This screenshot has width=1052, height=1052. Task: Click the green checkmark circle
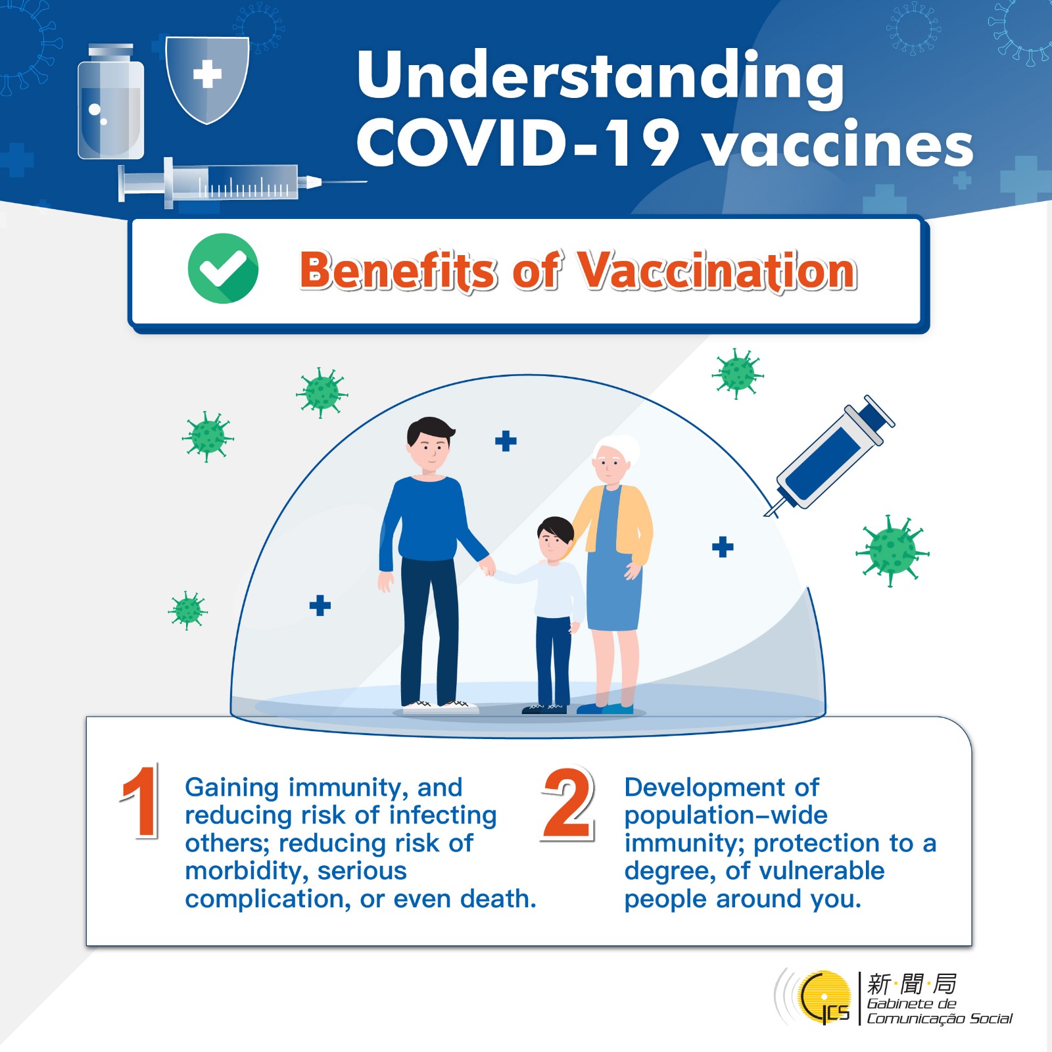click(x=223, y=268)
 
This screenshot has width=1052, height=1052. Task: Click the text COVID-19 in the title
click(x=518, y=143)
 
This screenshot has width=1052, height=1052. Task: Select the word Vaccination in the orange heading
click(x=717, y=271)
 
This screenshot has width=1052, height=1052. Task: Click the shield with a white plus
click(x=207, y=79)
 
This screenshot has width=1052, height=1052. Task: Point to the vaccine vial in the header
click(x=110, y=101)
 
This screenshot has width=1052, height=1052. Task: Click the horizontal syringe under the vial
click(x=242, y=182)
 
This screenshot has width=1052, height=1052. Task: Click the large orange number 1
click(x=140, y=801)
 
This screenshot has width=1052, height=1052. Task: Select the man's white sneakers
click(x=440, y=707)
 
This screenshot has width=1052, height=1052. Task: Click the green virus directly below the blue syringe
click(x=892, y=550)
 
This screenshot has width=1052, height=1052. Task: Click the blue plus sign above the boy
click(x=506, y=441)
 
